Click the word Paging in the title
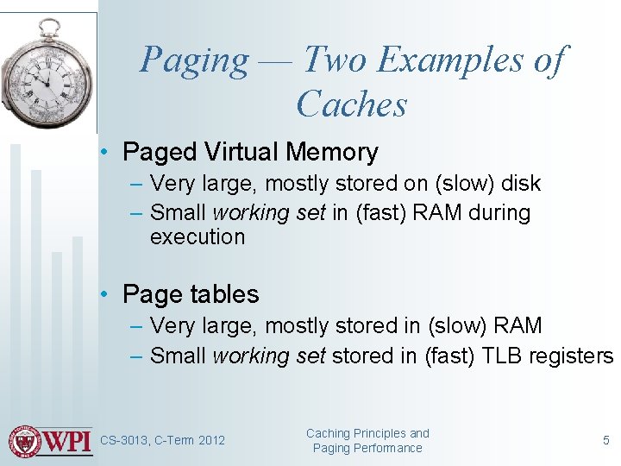pyautogui.click(x=194, y=60)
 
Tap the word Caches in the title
pyautogui.click(x=351, y=104)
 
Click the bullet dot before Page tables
pyautogui.click(x=103, y=294)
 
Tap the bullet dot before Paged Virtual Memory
pyautogui.click(x=103, y=153)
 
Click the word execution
pyautogui.click(x=198, y=237)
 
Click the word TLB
pyautogui.click(x=492, y=356)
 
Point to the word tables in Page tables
pyautogui.click(x=221, y=294)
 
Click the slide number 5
pyautogui.click(x=605, y=440)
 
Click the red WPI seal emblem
pyautogui.click(x=25, y=441)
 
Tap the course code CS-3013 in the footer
pyautogui.click(x=124, y=441)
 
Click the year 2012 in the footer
pyautogui.click(x=211, y=441)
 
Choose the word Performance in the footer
pyautogui.click(x=386, y=448)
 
